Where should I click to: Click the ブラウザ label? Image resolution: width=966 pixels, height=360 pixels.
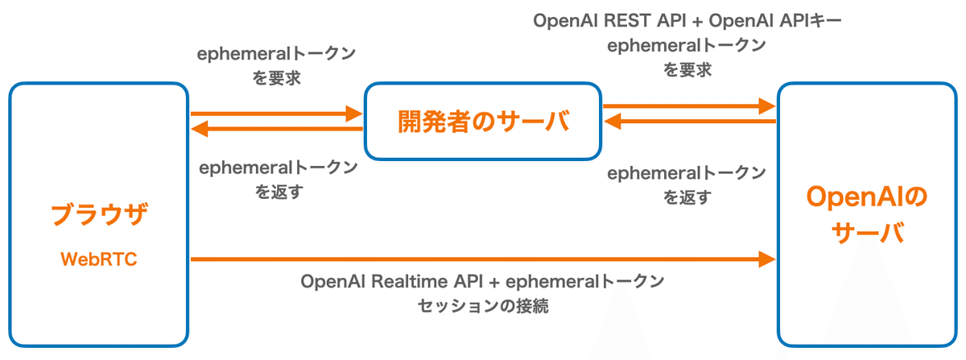(100, 215)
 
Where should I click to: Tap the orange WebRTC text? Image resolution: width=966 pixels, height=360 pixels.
(100, 259)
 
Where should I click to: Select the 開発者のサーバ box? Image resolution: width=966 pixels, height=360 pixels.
(483, 121)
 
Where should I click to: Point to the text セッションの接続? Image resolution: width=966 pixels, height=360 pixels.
(483, 306)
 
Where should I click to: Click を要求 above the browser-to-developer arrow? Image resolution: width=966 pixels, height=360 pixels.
(276, 79)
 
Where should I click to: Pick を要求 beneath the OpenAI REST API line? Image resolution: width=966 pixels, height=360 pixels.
(687, 70)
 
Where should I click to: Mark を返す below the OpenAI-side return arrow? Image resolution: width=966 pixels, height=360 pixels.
(687, 197)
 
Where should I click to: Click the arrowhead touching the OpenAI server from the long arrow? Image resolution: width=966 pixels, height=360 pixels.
(766, 259)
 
